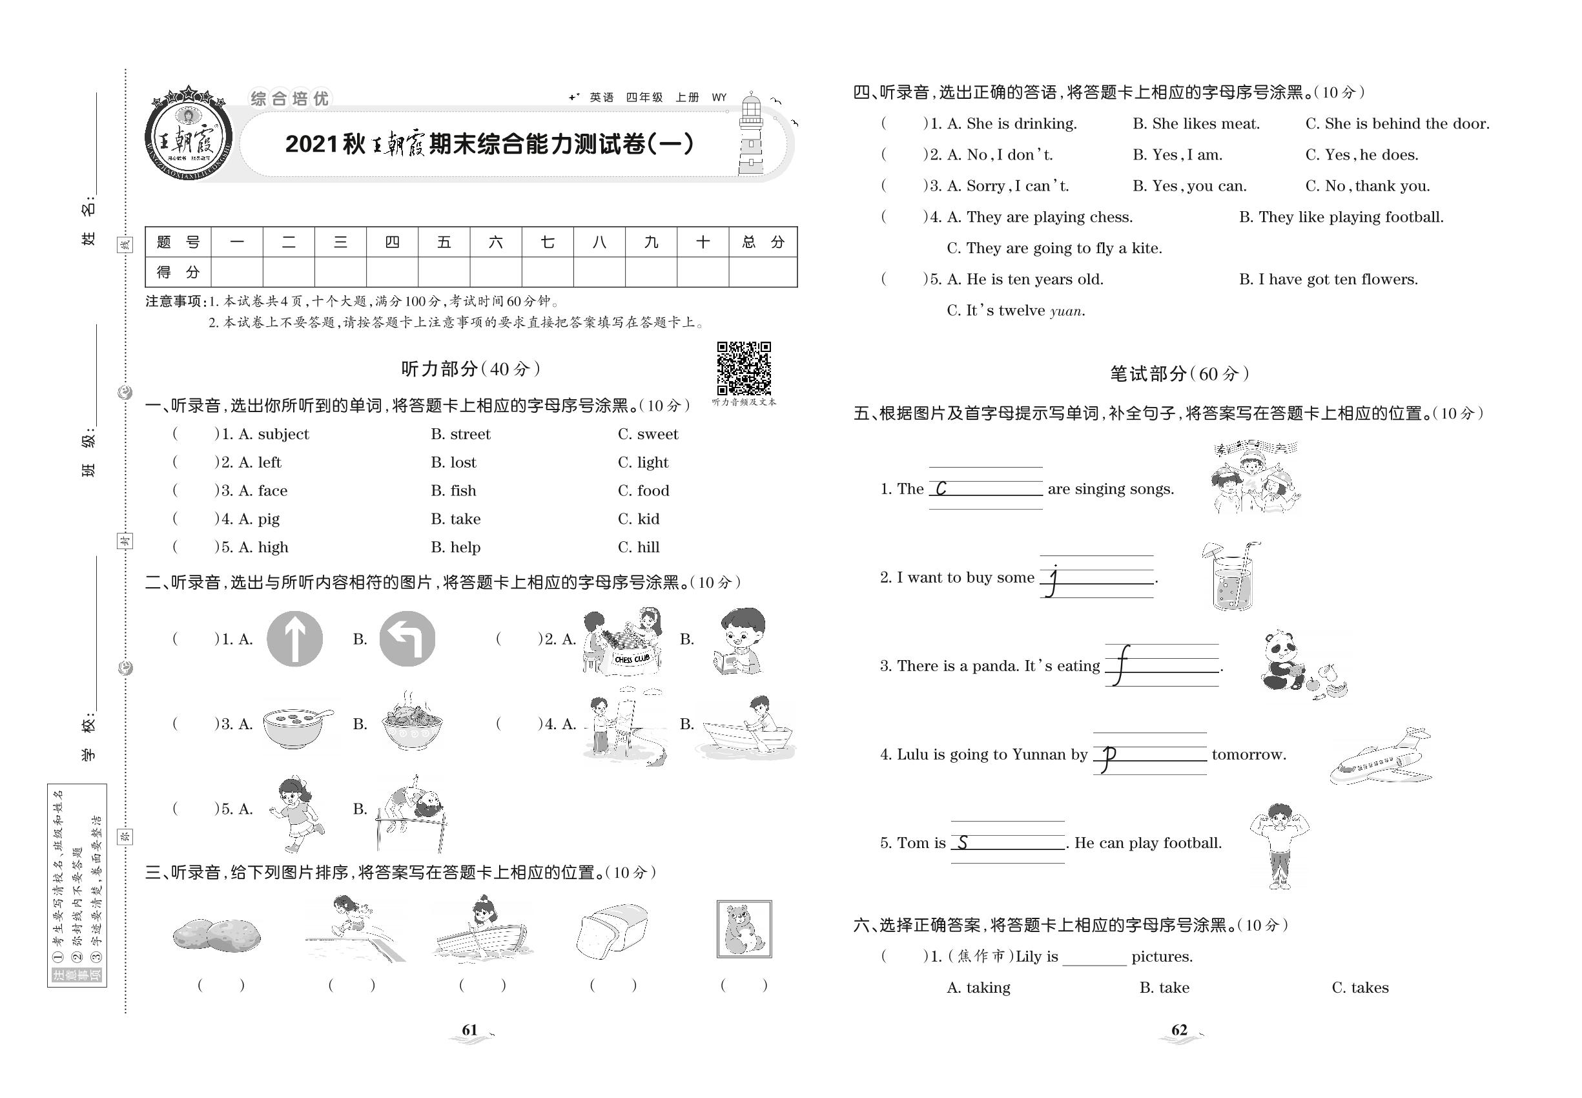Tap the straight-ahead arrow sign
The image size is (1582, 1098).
294,638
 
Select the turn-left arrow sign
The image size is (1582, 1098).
407,638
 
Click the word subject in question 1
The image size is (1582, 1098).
283,434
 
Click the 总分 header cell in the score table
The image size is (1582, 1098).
763,242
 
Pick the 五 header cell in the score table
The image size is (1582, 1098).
444,242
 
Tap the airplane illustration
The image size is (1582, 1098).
1380,757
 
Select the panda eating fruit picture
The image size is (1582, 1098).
1301,665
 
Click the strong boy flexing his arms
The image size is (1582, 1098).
1279,845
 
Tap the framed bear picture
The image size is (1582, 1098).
744,929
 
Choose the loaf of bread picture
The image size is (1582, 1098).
612,931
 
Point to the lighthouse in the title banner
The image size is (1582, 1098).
751,136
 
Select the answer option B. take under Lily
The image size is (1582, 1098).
1164,988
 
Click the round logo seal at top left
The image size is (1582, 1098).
189,136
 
